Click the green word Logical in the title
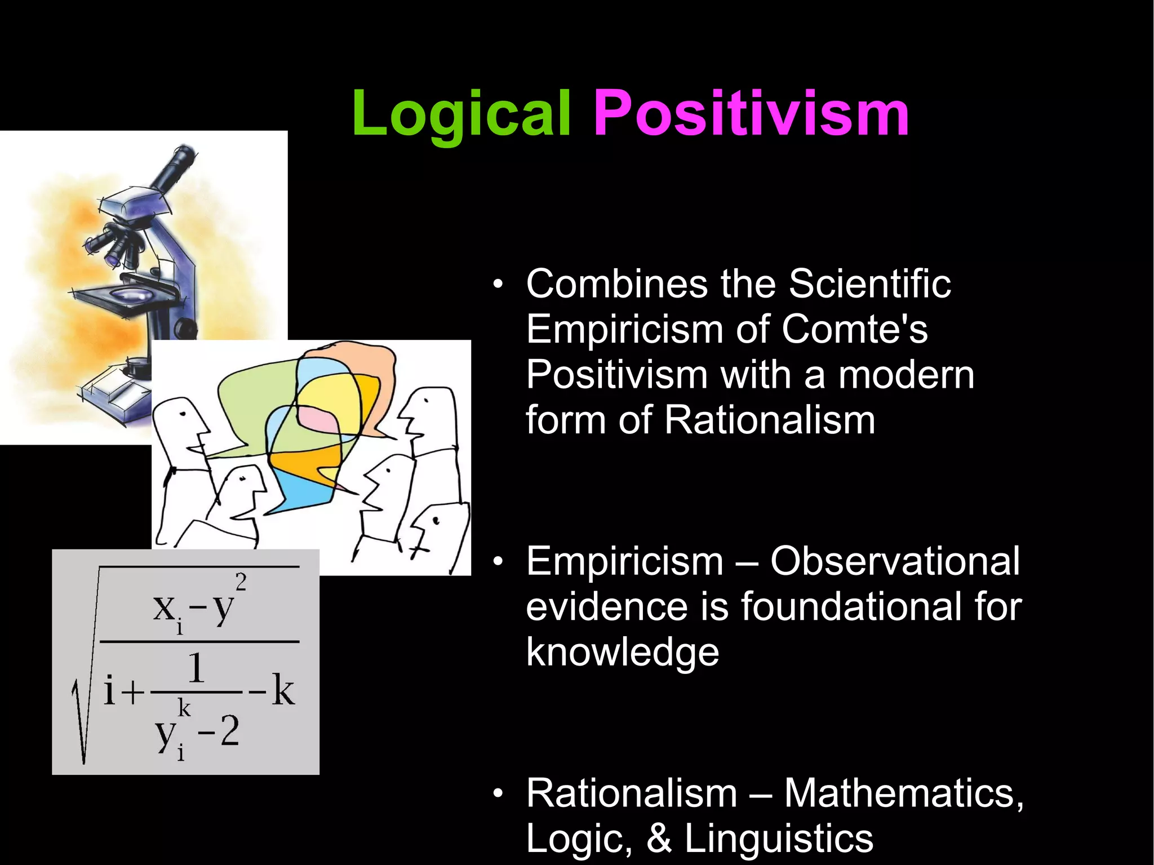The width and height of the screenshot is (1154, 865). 461,115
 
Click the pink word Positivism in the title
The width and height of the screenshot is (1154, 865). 751,115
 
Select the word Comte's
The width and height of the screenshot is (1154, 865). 854,330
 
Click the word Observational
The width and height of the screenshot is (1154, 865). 895,562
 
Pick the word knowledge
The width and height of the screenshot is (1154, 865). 623,653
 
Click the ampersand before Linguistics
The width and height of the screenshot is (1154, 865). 659,839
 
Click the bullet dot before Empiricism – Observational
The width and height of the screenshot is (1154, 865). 497,562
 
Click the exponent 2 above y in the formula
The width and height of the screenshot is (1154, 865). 241,582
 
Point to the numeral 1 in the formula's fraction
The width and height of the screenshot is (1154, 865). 196,669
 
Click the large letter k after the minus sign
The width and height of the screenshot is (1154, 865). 283,690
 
